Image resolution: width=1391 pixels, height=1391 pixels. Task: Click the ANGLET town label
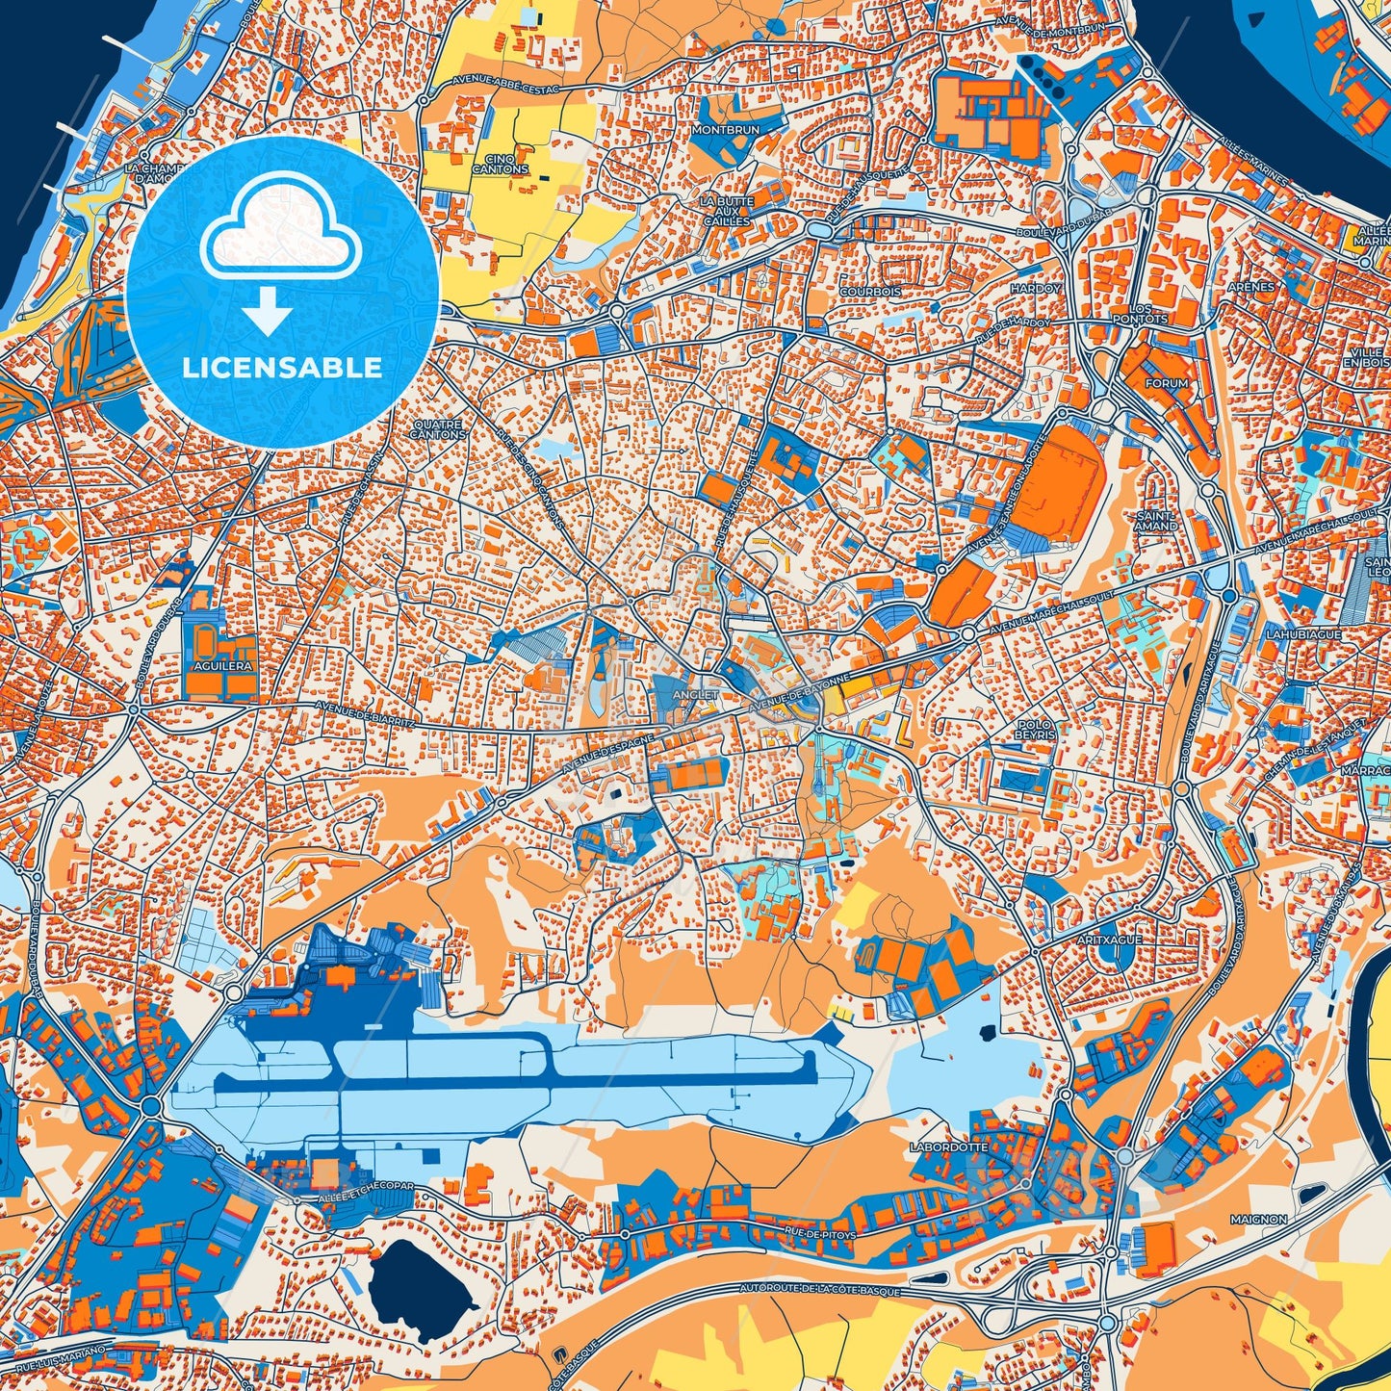tap(695, 694)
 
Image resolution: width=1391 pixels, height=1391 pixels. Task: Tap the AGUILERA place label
tap(221, 665)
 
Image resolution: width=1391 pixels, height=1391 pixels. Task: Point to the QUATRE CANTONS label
tap(437, 429)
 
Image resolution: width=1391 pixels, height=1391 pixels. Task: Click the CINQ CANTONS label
tap(500, 164)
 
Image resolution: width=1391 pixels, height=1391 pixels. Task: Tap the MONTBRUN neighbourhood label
tap(726, 129)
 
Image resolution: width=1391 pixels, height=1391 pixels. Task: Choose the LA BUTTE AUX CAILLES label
tap(726, 211)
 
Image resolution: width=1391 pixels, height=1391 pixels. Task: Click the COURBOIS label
tap(870, 291)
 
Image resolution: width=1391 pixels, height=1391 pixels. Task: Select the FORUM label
tap(1167, 382)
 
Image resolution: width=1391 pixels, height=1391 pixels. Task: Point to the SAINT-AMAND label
tap(1156, 521)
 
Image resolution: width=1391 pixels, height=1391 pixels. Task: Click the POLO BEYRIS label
tap(1035, 729)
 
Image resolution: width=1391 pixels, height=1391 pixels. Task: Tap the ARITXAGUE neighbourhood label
tap(1109, 939)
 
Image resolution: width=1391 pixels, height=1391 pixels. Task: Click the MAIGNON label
tap(1258, 1219)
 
